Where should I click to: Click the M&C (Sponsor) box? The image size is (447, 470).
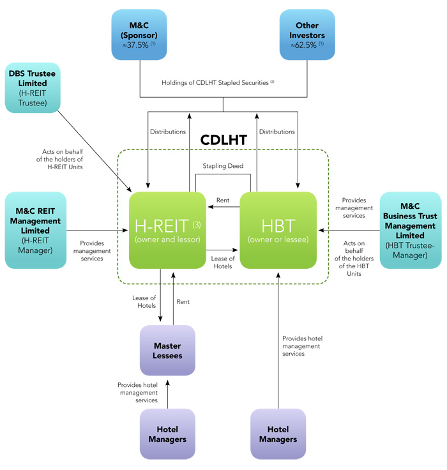140,34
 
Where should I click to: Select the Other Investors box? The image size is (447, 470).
307,34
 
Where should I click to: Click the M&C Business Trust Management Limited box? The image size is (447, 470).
411,230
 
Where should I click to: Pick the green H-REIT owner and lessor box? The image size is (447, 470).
167,231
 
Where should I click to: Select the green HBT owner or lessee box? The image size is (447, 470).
278,231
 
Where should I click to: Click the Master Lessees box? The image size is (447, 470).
167,351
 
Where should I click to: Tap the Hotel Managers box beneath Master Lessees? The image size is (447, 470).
167,434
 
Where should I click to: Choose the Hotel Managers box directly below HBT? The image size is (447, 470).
278,434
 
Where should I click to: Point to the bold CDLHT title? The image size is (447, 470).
223,140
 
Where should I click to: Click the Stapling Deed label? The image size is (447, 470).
223,166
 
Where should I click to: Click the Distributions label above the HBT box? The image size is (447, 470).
277,132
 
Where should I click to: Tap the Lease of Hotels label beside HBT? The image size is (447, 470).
223,262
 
